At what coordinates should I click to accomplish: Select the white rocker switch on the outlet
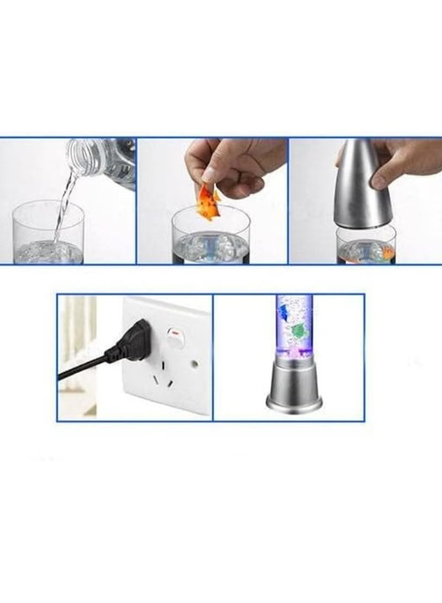175,339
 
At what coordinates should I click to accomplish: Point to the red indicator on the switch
175,333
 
